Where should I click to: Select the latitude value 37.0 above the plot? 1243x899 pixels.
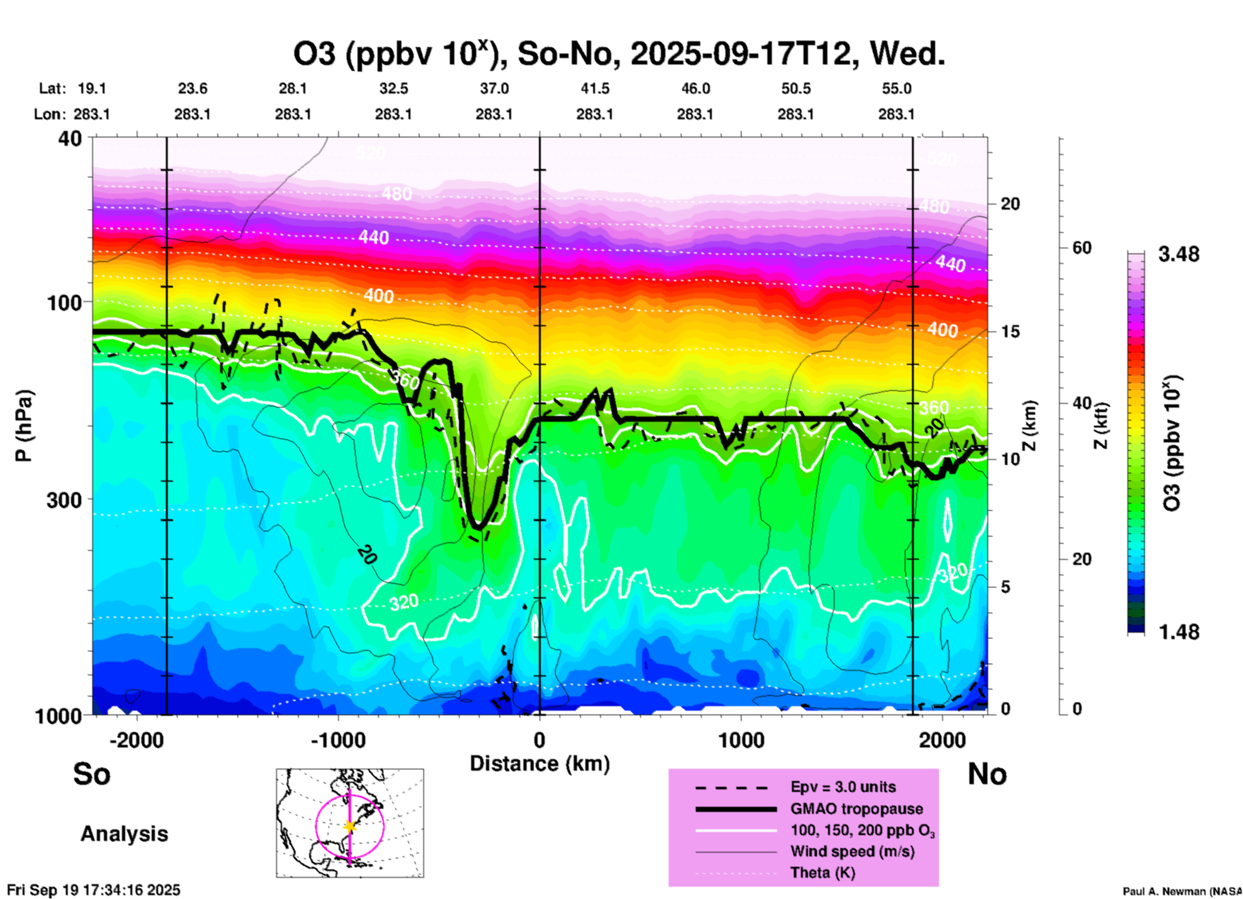tap(494, 88)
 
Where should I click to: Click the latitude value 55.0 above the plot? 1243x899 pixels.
tap(896, 88)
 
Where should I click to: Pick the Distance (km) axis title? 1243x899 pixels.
tap(540, 764)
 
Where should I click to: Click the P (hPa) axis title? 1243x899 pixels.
tap(24, 426)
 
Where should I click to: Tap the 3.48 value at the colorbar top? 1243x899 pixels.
tap(1178, 255)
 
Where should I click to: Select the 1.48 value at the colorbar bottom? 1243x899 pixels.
tap(1178, 632)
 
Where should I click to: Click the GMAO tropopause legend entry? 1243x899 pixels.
tap(856, 809)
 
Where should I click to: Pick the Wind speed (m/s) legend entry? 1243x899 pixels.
tap(852, 851)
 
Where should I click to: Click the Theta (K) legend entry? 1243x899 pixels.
tap(822, 873)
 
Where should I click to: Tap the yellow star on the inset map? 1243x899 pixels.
tap(350, 826)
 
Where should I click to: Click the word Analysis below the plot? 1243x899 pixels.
tap(124, 834)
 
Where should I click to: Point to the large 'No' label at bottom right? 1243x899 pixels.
tap(987, 774)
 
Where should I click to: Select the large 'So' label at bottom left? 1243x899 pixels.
tap(92, 774)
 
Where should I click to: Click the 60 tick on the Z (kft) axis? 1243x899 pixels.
tap(1082, 248)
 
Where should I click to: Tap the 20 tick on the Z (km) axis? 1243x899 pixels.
tap(1010, 204)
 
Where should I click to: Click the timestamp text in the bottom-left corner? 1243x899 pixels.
tap(94, 890)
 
